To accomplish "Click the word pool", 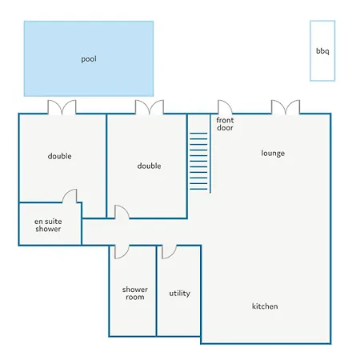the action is click(89, 59).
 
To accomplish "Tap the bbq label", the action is click(322, 51).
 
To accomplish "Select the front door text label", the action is click(225, 124).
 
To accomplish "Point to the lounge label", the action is click(273, 153).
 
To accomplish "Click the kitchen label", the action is click(265, 306).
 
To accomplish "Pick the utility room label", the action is click(180, 294).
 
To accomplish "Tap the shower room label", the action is click(135, 293).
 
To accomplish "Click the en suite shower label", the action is click(48, 225).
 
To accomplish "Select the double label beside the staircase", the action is click(149, 166).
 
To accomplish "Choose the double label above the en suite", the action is click(59, 156).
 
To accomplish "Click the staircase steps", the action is click(198, 161).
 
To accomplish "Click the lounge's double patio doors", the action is click(286, 107).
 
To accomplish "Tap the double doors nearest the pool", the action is click(62, 107).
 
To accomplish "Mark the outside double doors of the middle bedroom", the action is click(150, 107).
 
